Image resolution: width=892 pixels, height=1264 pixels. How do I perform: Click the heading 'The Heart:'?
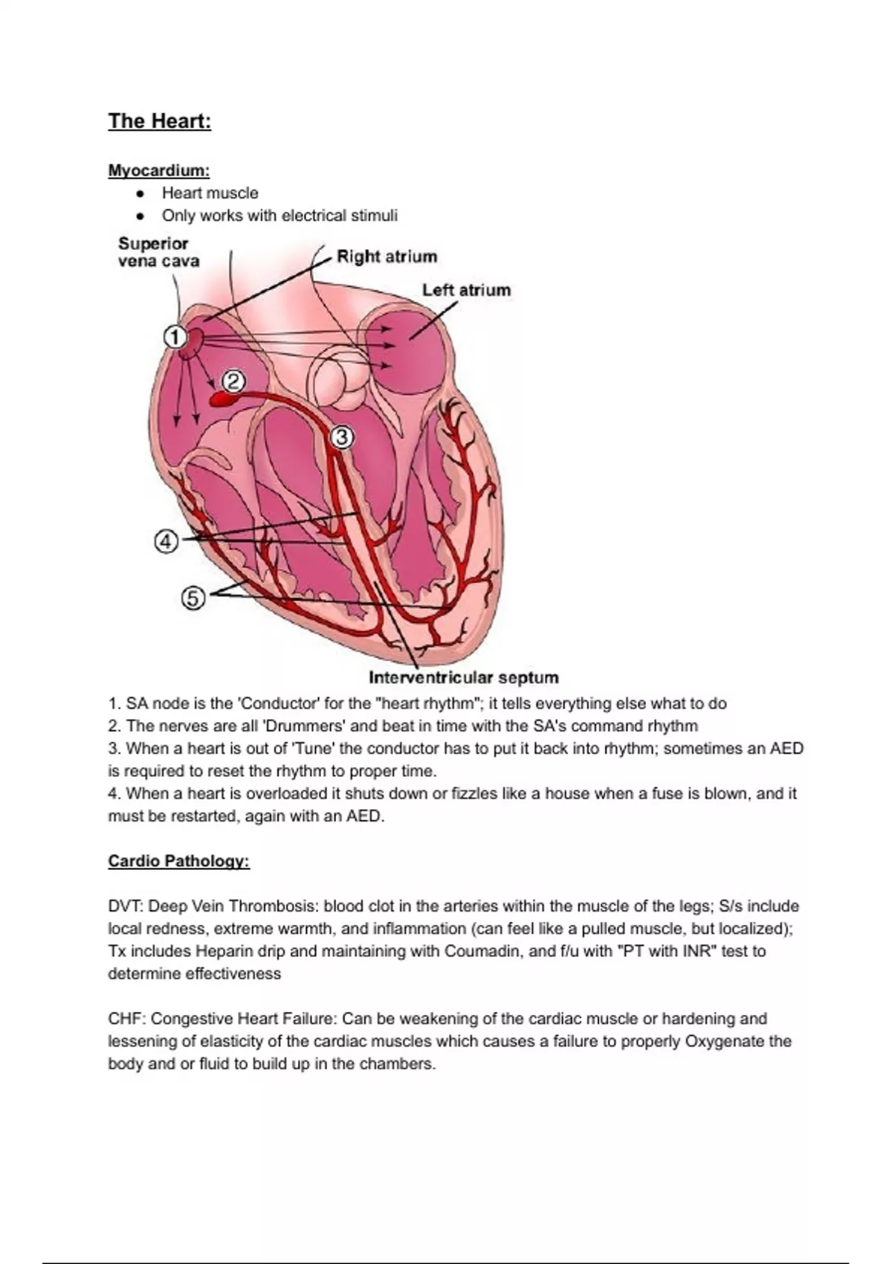coord(160,121)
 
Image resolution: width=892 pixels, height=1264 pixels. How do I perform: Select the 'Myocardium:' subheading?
coord(159,170)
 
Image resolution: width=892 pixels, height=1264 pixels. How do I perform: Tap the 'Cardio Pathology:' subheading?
coord(178,861)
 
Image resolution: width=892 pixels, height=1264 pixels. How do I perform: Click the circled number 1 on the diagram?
coord(174,338)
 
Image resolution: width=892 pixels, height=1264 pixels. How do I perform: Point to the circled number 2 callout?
coord(233,381)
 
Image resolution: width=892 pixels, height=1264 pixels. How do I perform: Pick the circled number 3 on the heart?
coord(342,438)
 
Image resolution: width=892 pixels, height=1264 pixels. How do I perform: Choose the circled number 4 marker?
coord(166,542)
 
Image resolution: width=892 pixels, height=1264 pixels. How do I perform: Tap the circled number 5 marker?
coord(193,598)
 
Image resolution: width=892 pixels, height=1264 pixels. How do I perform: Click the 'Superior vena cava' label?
coord(158,252)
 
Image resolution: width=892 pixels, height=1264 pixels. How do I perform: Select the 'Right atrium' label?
coord(387,257)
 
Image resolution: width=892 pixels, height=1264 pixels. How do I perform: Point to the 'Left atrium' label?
coord(466,290)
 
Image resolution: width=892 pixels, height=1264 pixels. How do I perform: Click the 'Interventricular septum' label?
coord(463,677)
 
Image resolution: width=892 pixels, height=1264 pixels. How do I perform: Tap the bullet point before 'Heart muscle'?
coord(140,193)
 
